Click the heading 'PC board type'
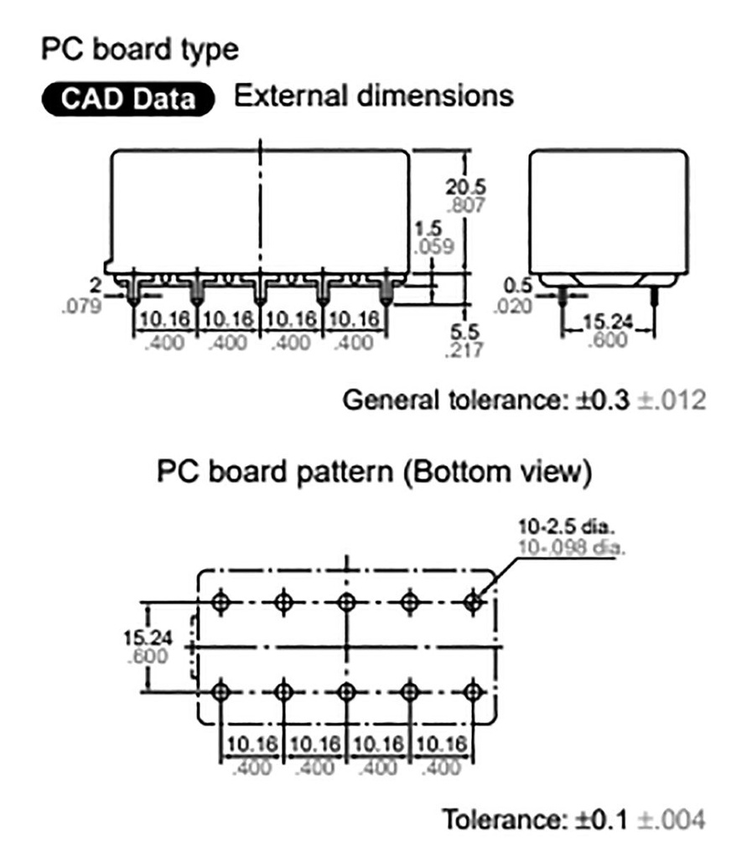point(139,49)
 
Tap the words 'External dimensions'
point(373,96)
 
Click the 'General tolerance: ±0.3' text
point(485,401)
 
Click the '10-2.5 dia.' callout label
point(567,530)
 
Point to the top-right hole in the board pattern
point(474,602)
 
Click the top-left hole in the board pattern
point(220,602)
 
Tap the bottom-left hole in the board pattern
point(220,692)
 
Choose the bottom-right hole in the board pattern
point(474,692)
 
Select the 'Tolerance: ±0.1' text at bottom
point(534,819)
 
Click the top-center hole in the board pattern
point(346,602)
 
